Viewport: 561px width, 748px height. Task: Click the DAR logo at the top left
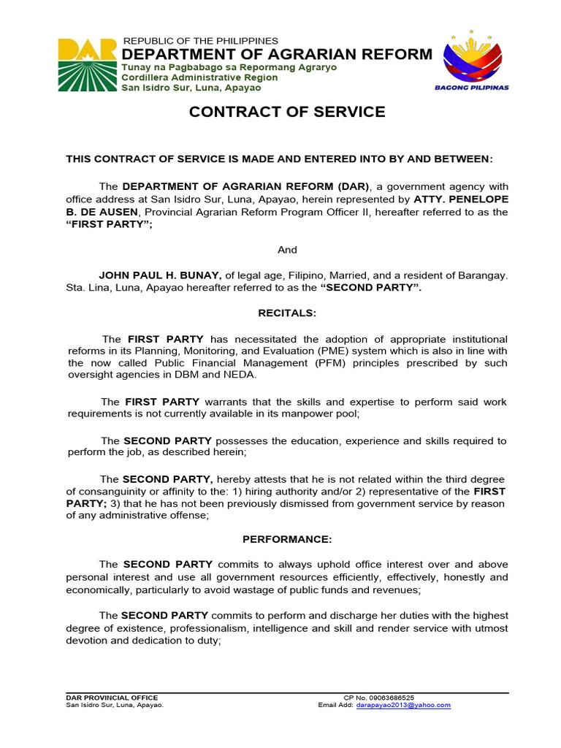tap(88, 64)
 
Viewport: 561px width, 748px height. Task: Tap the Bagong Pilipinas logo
tap(472, 61)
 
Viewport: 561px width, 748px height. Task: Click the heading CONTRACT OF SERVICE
tap(287, 112)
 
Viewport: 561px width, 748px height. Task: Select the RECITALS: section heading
tap(287, 313)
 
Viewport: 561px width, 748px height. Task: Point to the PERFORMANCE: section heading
tap(287, 539)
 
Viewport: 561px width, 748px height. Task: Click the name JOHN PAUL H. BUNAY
tap(160, 275)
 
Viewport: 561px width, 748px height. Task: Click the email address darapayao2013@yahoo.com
tap(403, 705)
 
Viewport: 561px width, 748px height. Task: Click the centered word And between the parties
tap(287, 250)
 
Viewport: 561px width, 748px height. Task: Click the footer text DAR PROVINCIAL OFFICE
tap(112, 698)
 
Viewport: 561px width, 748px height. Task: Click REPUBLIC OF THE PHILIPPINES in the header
tap(201, 40)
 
